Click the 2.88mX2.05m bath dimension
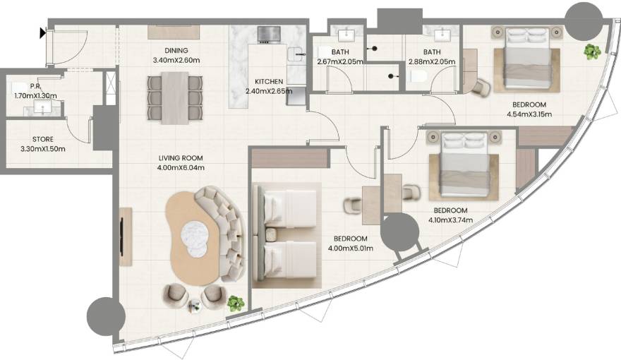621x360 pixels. tap(432, 61)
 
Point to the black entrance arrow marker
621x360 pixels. tap(44, 32)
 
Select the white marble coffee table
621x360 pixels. tap(196, 236)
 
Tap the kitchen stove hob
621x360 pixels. tap(269, 33)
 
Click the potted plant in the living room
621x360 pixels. tap(236, 303)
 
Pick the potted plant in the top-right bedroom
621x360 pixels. tap(591, 52)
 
